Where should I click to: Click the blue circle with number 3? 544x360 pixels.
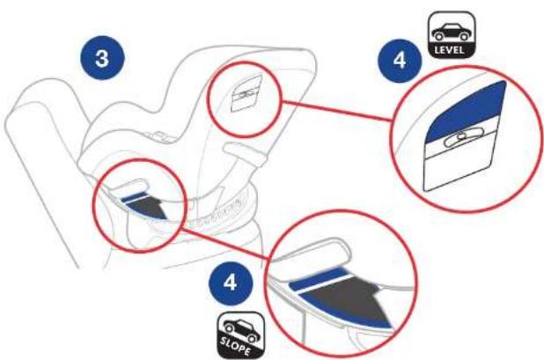(102, 57)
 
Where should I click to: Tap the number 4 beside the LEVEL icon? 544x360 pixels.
(400, 60)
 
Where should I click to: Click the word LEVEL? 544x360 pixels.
(449, 49)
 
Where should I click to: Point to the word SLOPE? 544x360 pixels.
(235, 345)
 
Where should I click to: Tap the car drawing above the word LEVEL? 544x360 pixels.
(450, 32)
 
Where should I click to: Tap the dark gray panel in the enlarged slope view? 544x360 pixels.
(350, 298)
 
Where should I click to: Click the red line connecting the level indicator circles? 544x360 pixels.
(337, 111)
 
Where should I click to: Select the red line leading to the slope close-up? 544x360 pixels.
(226, 244)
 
